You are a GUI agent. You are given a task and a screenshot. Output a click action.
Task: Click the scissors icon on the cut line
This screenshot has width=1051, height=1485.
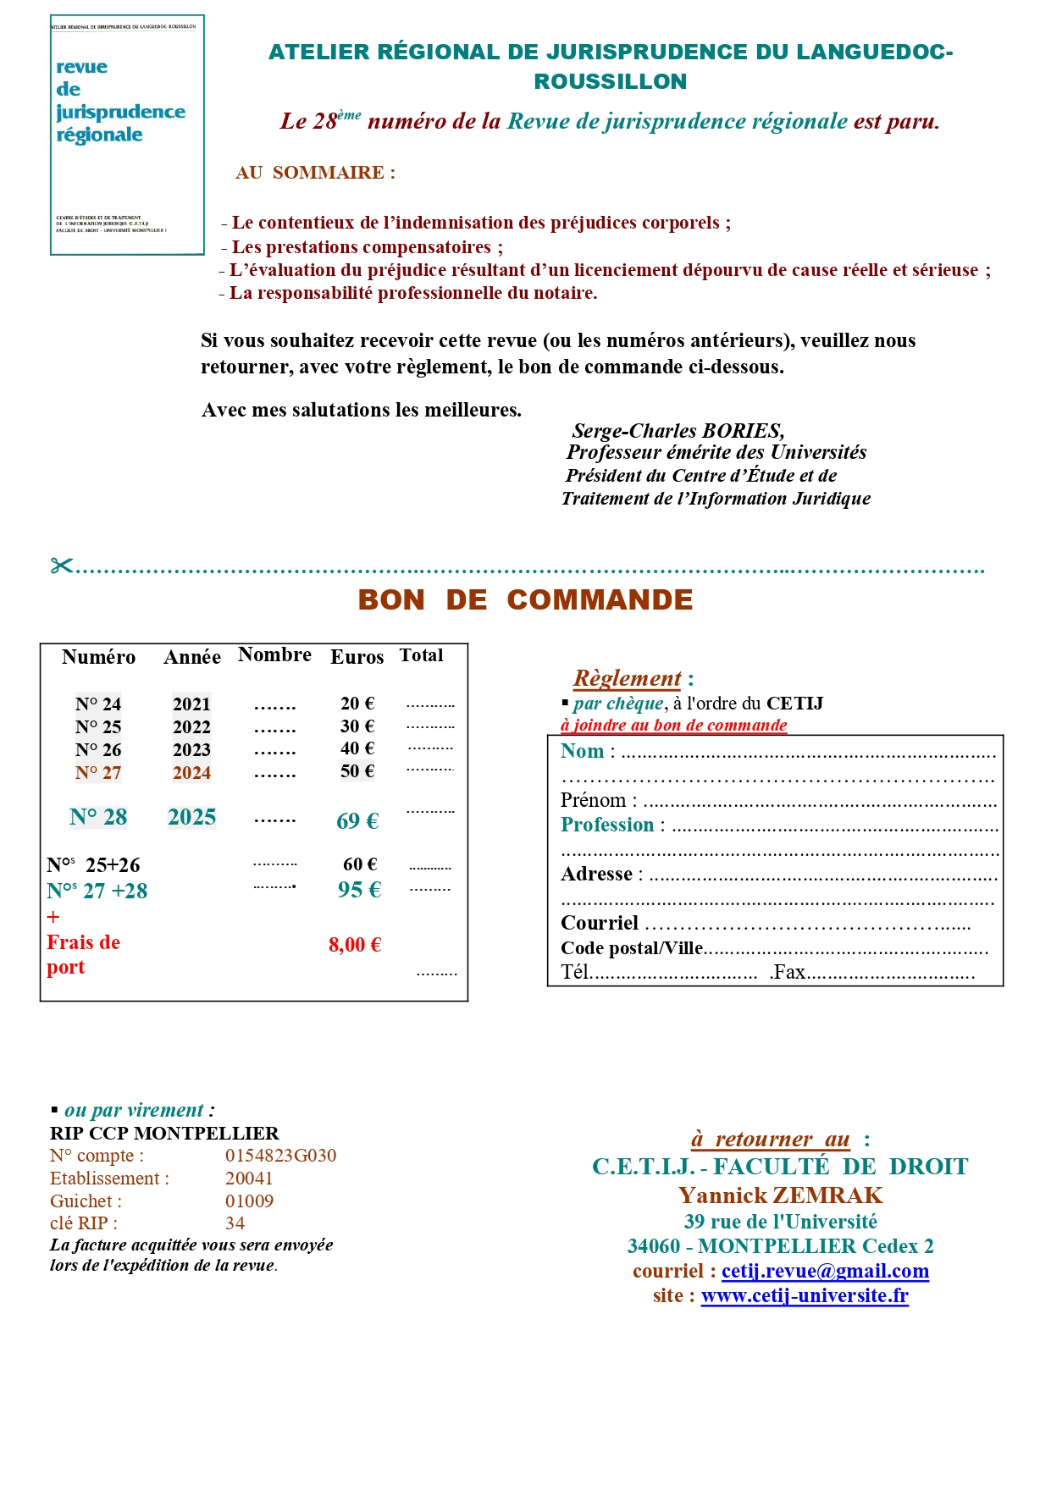pos(62,566)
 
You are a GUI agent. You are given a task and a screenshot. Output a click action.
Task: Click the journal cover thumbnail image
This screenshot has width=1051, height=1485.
pos(127,135)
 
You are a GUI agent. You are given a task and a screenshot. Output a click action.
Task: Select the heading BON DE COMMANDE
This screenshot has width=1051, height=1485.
pos(525,600)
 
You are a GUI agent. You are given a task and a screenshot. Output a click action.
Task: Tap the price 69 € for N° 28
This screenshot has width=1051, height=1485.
pos(357,820)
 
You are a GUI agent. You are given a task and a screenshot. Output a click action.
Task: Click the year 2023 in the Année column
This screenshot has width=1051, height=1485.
pos(191,750)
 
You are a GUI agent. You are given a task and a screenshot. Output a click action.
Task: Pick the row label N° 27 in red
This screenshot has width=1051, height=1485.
pos(98,773)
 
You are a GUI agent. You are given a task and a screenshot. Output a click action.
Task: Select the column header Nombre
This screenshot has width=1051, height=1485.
pos(274,654)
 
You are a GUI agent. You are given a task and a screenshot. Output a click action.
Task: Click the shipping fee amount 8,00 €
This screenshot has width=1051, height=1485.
pos(355,945)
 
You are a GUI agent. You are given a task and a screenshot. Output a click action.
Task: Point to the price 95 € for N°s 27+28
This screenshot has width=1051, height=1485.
pos(359,890)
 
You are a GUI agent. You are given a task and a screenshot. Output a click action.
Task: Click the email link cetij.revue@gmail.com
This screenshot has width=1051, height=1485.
pos(825,1271)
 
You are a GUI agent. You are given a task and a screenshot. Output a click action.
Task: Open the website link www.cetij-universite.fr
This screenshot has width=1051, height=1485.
pos(805,1295)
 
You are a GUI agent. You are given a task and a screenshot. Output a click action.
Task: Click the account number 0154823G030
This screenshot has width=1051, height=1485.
pos(280,1156)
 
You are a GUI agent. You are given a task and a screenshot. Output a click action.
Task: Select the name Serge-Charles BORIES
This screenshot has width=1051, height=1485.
pos(678,431)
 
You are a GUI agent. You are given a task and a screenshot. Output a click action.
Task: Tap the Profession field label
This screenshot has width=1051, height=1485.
pos(607,825)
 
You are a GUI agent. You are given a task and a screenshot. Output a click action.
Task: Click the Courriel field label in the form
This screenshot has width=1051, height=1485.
pos(600,923)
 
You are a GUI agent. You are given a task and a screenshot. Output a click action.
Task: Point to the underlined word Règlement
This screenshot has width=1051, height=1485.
pos(627,678)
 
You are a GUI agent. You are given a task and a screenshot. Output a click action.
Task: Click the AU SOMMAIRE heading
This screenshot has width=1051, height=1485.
pos(315,173)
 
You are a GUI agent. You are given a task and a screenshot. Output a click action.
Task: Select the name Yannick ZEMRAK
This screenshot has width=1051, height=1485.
pos(780,1195)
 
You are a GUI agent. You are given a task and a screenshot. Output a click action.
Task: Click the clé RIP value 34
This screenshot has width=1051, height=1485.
pos(235,1223)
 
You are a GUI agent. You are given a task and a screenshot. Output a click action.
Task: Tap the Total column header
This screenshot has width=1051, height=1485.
pos(421,655)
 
